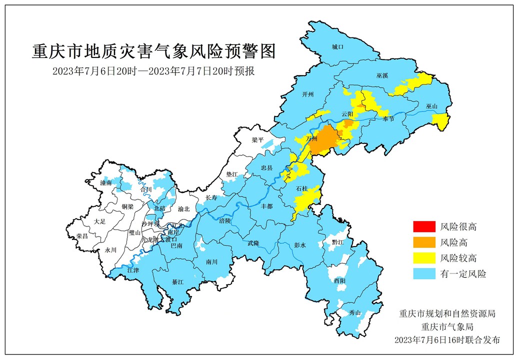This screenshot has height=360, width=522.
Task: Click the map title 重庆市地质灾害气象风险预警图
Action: tap(154, 51)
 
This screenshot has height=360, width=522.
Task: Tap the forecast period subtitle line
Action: tap(154, 71)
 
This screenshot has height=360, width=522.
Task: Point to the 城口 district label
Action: tap(338, 47)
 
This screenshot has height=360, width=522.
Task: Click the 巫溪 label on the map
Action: tap(382, 75)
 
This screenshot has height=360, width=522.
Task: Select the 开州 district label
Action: tap(308, 94)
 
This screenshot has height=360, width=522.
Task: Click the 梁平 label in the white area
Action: tap(257, 140)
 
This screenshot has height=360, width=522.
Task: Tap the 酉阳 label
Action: tap(339, 281)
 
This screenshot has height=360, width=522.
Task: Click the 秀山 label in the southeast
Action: tap(354, 313)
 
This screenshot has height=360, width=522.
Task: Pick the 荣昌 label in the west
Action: tap(81, 236)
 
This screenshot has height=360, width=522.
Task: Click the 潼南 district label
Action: tap(105, 183)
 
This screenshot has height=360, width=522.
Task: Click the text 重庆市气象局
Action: tap(446, 327)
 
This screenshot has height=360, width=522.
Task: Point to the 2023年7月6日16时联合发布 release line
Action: tap(446, 340)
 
